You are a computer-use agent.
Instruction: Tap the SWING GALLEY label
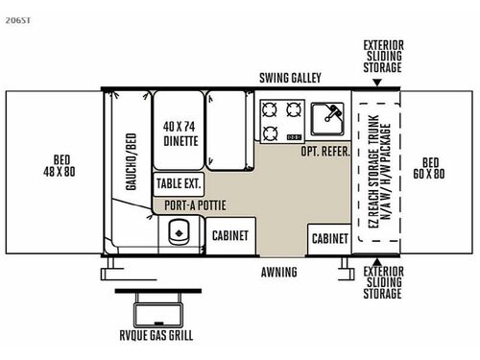pyautogui.click(x=289, y=78)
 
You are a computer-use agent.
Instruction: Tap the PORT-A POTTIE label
pyautogui.click(x=187, y=203)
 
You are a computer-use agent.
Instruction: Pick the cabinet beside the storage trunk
pyautogui.click(x=329, y=236)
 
